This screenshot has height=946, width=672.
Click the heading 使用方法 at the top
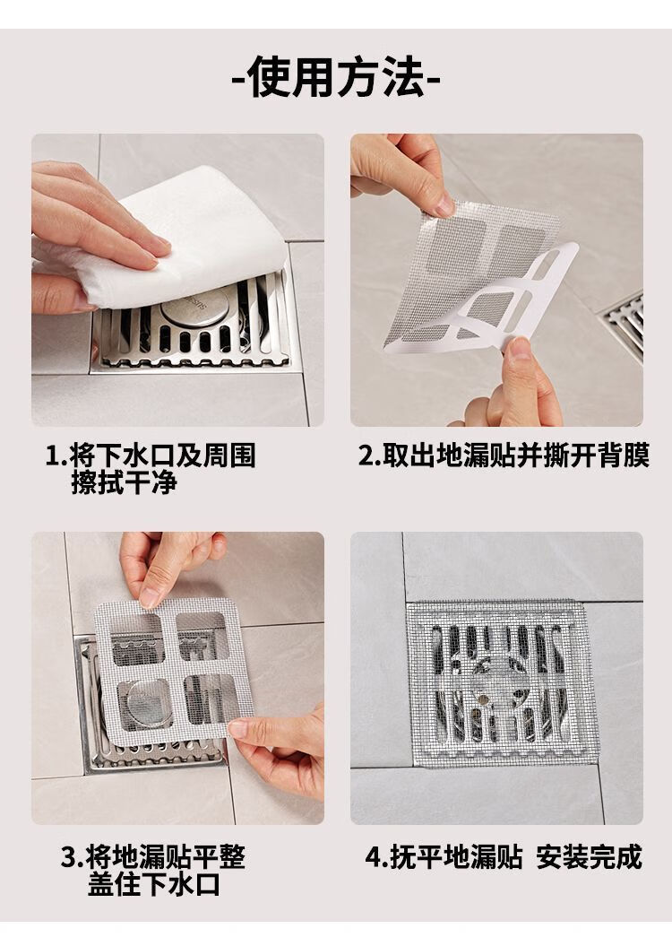click(336, 76)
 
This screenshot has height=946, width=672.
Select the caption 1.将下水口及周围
click(151, 456)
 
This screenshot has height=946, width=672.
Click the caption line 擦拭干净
click(125, 483)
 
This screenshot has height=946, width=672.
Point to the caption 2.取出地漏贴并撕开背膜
click(504, 456)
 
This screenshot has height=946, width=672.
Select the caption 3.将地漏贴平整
click(153, 856)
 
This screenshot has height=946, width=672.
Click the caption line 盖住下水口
click(154, 884)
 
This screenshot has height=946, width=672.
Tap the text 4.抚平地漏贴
click(444, 856)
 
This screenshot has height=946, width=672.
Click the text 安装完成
click(590, 856)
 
